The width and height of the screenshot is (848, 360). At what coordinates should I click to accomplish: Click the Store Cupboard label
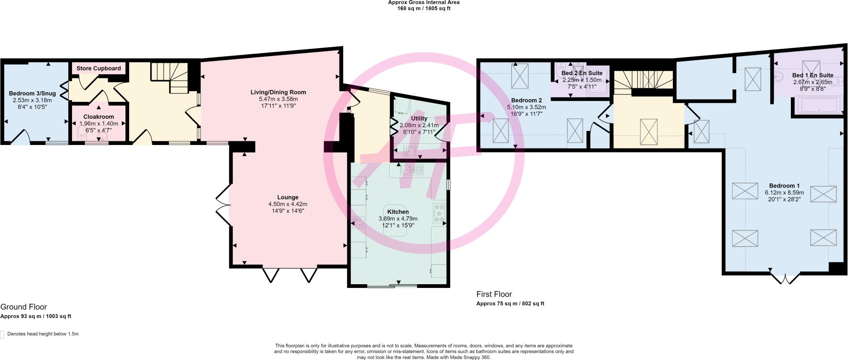[x=99, y=68]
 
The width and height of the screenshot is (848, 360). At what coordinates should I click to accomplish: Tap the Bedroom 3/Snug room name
[x=32, y=94]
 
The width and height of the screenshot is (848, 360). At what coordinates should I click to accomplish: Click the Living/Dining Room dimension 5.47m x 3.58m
[x=278, y=99]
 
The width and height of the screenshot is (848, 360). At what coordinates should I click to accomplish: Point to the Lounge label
[x=288, y=197]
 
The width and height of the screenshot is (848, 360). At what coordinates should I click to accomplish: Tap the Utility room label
[x=419, y=118]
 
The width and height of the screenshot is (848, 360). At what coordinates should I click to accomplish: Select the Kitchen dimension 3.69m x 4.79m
[x=398, y=219]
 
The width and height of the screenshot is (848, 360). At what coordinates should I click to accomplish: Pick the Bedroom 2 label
[x=526, y=100]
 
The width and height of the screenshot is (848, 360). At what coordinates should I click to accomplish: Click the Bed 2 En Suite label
[x=582, y=73]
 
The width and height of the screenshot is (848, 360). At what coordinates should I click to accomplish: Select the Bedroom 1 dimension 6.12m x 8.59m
[x=784, y=193]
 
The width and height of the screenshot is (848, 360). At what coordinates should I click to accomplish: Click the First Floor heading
[x=494, y=294]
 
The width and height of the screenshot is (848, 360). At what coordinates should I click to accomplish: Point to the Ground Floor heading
[x=24, y=307]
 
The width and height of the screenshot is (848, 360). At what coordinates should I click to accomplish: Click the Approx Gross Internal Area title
[x=424, y=2]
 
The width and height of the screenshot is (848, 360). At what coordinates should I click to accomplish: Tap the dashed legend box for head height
[x=2, y=334]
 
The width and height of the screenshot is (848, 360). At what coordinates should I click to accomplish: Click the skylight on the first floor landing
[x=648, y=132]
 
